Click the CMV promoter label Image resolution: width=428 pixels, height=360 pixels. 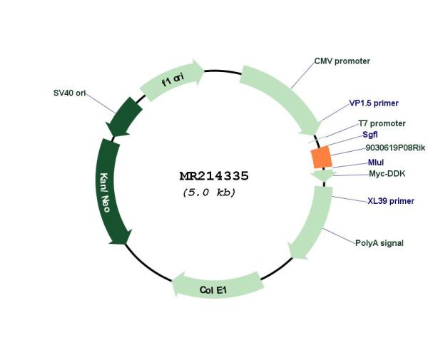[342, 61]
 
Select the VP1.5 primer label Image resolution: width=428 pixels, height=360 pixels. [374, 103]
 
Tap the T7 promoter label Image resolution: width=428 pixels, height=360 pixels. [382, 123]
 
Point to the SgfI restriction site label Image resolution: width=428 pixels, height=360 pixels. [370, 135]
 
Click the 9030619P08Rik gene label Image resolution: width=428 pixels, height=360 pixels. [395, 148]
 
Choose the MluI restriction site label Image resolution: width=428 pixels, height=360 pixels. [376, 163]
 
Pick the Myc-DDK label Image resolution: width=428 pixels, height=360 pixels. [387, 174]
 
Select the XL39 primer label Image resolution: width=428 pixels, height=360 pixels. [391, 201]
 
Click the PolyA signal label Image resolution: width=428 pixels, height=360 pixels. [379, 243]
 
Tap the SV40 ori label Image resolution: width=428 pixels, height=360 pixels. [70, 93]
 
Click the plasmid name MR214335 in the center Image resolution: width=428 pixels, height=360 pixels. [214, 176]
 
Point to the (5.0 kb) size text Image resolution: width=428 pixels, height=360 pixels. [209, 192]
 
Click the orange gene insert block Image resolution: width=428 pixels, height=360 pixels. [322, 157]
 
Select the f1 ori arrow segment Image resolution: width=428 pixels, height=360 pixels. [172, 80]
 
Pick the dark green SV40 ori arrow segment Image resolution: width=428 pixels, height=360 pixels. [125, 117]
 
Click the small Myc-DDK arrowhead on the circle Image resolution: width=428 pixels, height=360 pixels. [324, 175]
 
